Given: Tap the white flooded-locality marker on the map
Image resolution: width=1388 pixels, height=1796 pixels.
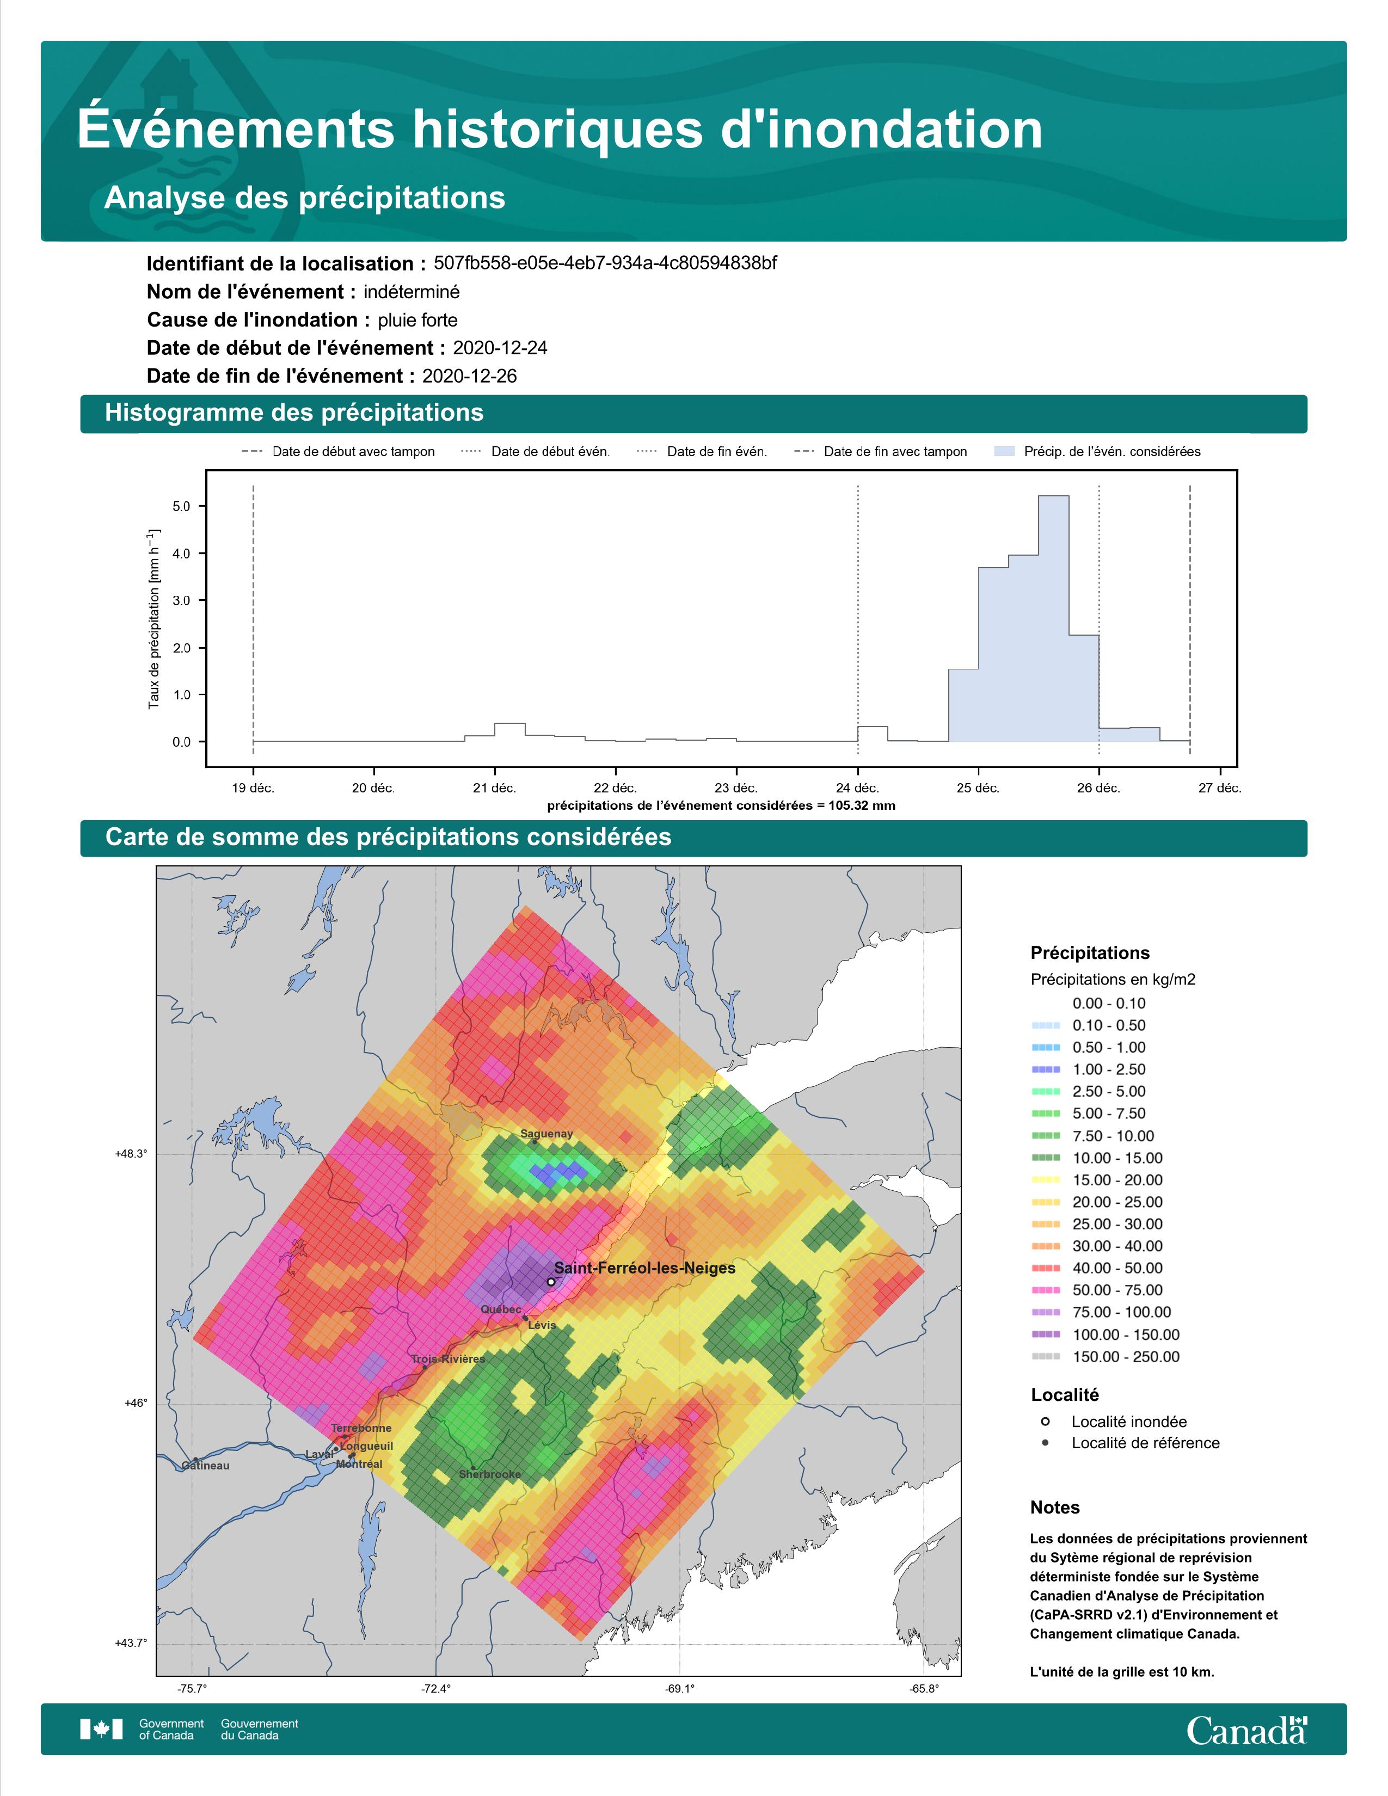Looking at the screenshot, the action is point(550,1281).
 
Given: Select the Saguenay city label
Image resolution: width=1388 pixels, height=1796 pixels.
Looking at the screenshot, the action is point(547,1133).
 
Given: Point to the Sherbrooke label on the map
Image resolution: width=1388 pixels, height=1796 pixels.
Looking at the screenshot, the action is point(490,1474).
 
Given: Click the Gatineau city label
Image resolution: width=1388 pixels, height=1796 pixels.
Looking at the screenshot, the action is point(206,1466).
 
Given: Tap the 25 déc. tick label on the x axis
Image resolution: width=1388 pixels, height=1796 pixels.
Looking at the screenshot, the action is point(978,788).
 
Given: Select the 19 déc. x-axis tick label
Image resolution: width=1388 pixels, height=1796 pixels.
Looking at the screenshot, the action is point(253,788).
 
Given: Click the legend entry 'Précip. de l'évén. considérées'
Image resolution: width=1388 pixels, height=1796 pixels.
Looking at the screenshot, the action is point(1098,452).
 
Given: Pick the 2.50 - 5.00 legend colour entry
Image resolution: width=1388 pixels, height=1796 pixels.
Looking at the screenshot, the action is point(1089,1091).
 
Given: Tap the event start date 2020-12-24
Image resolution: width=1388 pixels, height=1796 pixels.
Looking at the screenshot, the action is point(500,348).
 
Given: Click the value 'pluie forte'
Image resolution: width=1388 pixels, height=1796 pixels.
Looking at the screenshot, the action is point(417,320).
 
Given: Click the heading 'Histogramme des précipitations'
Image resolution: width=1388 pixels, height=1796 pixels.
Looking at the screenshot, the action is point(294,413).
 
